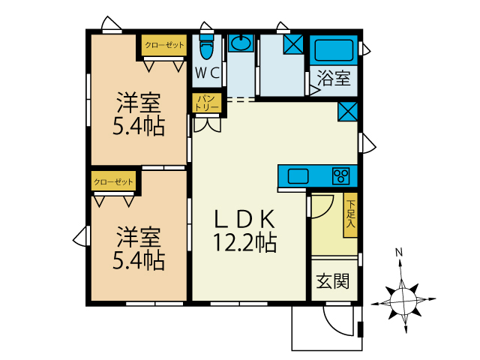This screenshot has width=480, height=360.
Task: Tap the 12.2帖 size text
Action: pos(246,242)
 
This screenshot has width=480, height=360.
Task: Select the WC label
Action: pos(206,73)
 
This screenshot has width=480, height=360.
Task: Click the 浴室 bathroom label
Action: pos(334,77)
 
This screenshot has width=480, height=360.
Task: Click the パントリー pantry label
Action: pos(208,103)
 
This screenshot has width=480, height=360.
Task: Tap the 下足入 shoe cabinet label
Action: pos(350,213)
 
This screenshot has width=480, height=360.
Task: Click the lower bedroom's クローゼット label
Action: pos(113,181)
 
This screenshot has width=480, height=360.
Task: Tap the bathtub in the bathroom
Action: pos(334,49)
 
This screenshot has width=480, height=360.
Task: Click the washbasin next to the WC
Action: pos(241,43)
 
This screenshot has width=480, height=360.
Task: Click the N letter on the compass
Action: pos(400,252)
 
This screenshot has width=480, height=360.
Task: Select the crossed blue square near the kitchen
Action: pos(347,112)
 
